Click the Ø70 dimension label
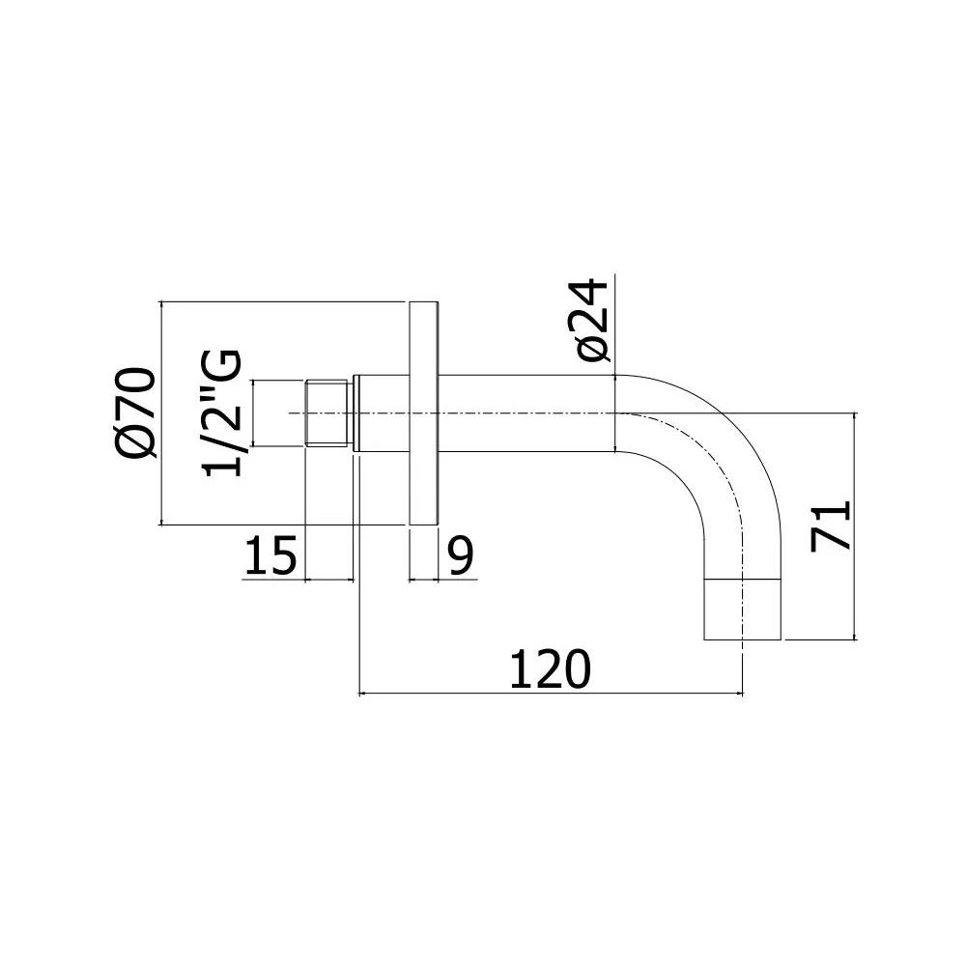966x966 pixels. point(135,412)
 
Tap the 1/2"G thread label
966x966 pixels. point(222,412)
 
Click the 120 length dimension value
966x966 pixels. point(551,669)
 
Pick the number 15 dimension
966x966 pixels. point(271,555)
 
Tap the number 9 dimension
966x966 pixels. point(461,555)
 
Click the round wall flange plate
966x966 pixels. point(424,412)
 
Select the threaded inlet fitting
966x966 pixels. point(327,412)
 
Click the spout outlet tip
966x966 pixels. point(742,610)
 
